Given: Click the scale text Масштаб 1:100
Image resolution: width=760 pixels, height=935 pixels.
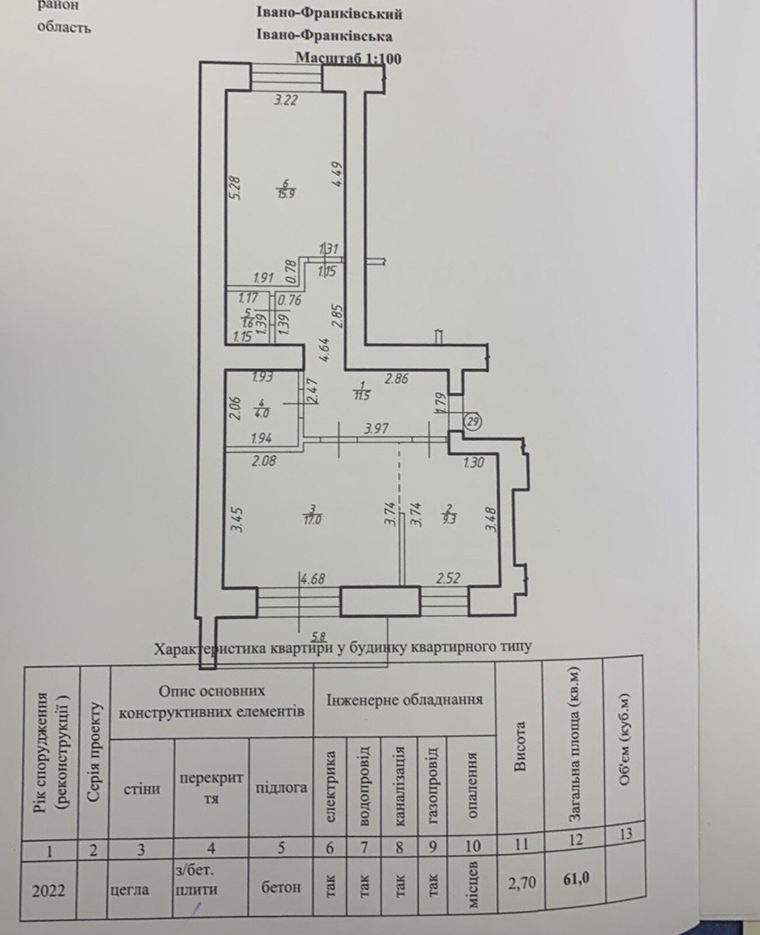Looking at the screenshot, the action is click(348, 58).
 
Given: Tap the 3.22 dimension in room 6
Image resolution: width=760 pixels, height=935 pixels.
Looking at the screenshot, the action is click(286, 100).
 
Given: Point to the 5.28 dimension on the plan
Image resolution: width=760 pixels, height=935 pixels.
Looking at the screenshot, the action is click(235, 188).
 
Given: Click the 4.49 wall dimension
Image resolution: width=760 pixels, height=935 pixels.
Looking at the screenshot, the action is click(338, 174).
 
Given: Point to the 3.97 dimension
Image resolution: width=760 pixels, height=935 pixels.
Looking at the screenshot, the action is click(376, 428).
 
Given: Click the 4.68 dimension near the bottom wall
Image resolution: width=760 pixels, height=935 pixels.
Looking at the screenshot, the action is click(313, 579).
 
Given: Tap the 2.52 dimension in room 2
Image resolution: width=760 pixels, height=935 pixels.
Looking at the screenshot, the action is click(448, 578).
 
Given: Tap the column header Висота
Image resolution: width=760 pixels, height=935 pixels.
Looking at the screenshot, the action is click(520, 747).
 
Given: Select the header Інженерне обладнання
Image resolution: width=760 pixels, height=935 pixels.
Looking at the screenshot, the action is click(404, 699).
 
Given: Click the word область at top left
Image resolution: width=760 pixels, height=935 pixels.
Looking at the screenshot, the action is click(64, 27).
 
